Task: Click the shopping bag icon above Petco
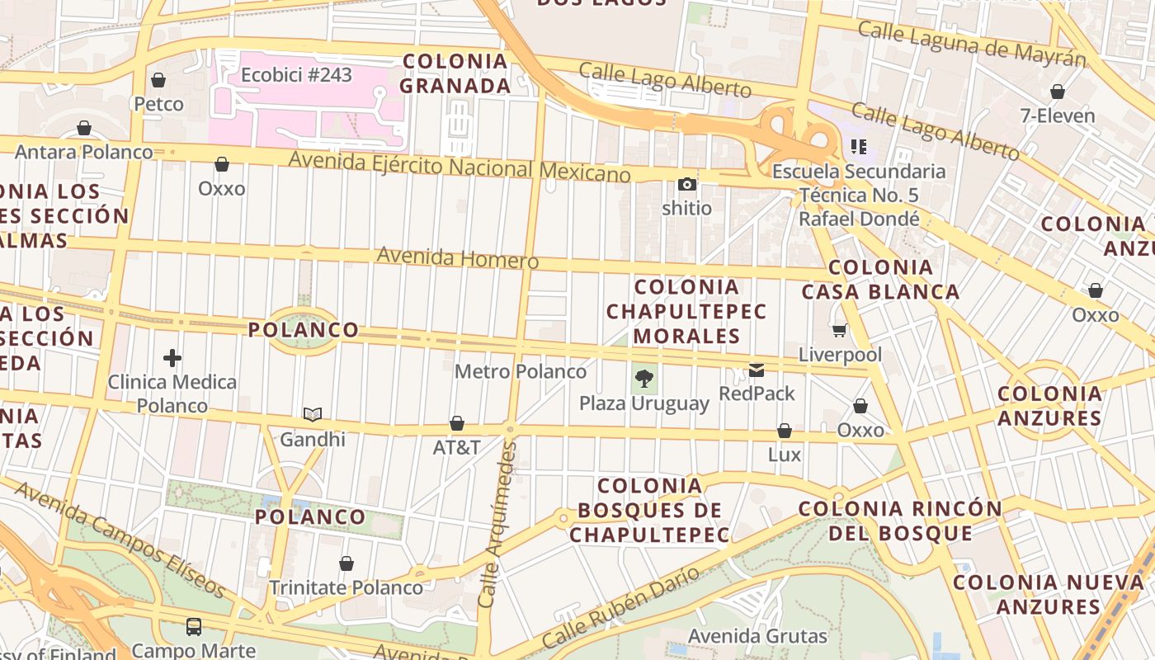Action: pos(158,80)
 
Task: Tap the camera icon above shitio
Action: pos(686,184)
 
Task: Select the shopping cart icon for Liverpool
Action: pos(840,331)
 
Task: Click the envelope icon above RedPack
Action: pos(757,370)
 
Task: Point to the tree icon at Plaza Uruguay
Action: pos(644,379)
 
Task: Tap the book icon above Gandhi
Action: pos(312,414)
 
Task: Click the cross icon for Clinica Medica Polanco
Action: pos(172,358)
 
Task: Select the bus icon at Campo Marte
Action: pos(193,627)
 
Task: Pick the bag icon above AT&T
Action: pos(456,423)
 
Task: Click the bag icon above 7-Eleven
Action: pos(1057,92)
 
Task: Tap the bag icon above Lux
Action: pos(784,431)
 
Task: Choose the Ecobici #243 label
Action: pos(296,75)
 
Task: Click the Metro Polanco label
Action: pos(521,371)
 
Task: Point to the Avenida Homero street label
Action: pos(458,258)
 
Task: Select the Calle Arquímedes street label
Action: pos(497,524)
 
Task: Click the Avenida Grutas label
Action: pos(757,636)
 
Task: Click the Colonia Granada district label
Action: pos(455,73)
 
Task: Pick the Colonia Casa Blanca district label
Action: pos(880,279)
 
